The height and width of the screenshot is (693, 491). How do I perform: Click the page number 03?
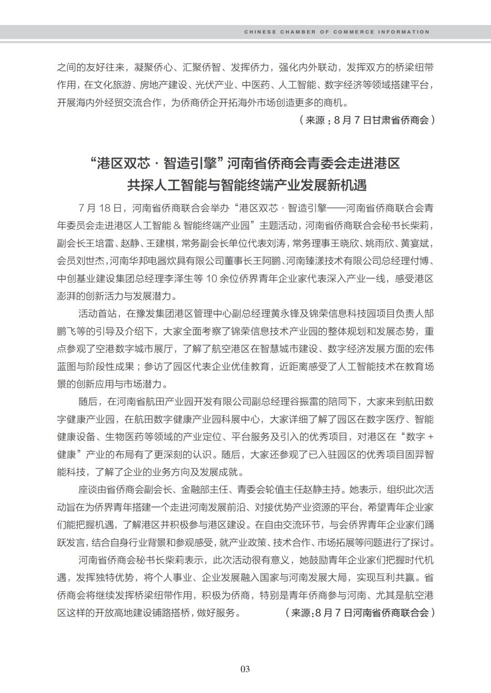(245, 669)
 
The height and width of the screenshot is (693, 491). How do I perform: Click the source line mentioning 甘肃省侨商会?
(367, 120)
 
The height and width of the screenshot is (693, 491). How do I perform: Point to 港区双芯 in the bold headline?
(123, 163)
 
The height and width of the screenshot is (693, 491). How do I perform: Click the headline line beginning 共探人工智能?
(246, 185)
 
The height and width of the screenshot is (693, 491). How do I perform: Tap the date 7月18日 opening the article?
(100, 208)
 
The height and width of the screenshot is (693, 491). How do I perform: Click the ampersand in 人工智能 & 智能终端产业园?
(177, 226)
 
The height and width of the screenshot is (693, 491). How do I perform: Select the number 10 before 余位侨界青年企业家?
(211, 279)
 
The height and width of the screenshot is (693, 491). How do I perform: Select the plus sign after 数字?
(431, 437)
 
